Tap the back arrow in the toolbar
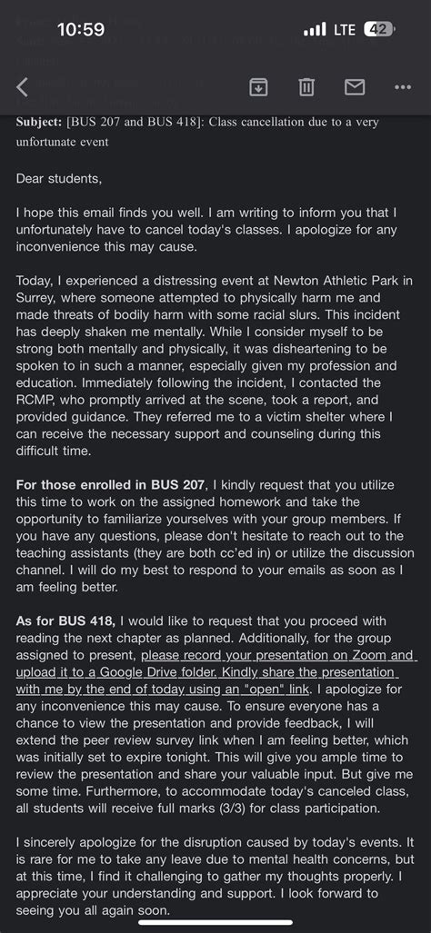pos(23,87)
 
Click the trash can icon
pos(306,86)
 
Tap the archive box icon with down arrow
pos(258,86)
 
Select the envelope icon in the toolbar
pos(354,86)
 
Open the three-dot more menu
pos(403,87)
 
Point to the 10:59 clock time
pos(80,30)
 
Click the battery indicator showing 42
pos(378,30)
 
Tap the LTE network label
pos(344,30)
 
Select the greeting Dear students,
pos(59,178)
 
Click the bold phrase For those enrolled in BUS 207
pos(111,484)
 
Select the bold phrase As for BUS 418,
pos(65,620)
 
